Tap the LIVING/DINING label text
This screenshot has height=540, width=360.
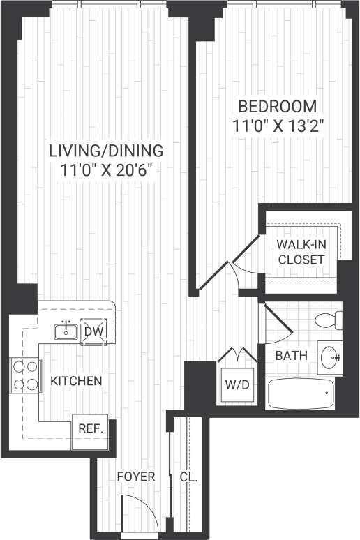point(106,150)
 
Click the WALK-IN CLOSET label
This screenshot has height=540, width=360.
point(301,252)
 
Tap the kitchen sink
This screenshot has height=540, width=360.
point(67,330)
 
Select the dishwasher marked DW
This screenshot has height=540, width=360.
point(93,331)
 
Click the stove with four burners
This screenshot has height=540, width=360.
point(24,375)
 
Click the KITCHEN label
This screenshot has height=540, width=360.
point(76,382)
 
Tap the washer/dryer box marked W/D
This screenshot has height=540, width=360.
point(232,384)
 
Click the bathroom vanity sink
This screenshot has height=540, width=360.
point(331,359)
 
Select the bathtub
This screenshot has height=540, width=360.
point(301,396)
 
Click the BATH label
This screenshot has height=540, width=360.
point(291,356)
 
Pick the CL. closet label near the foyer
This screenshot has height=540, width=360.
point(189,478)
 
